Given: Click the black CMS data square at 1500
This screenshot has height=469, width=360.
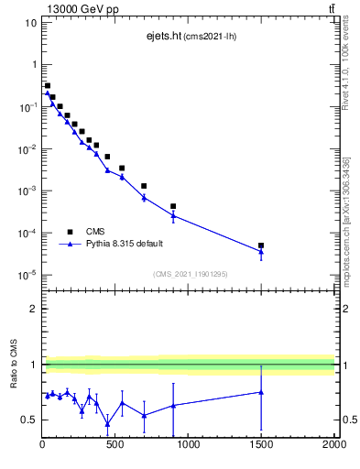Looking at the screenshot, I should coord(261,245).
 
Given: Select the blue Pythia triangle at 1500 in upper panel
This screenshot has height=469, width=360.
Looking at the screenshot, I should coord(261,251).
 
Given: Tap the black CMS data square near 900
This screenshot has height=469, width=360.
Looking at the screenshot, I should coord(173,206).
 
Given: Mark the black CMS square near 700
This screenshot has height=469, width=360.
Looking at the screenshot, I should coord(144,186).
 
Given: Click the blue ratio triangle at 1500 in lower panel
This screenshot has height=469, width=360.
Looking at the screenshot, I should coord(261,392).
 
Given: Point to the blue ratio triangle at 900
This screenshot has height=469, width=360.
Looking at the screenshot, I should coord(173,405).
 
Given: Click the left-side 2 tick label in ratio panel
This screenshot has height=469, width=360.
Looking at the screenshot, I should coord(32,309).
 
